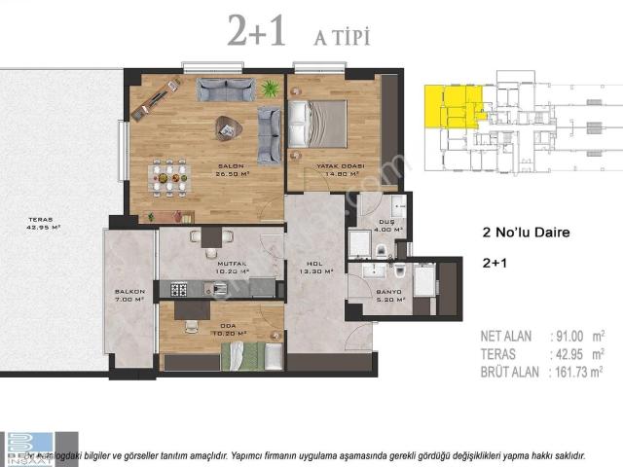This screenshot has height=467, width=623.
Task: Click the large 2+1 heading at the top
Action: click(257, 32)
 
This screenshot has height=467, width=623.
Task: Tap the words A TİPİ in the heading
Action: click(341, 37)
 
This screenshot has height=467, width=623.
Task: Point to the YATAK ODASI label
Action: click(339, 167)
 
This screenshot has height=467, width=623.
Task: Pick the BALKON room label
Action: click(129, 291)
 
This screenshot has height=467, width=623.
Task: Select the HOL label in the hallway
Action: click(314, 263)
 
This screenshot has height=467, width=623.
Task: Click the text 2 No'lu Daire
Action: click(526, 233)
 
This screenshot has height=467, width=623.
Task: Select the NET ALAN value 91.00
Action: click(575, 336)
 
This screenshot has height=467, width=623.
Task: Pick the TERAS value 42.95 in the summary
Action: click(575, 353)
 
